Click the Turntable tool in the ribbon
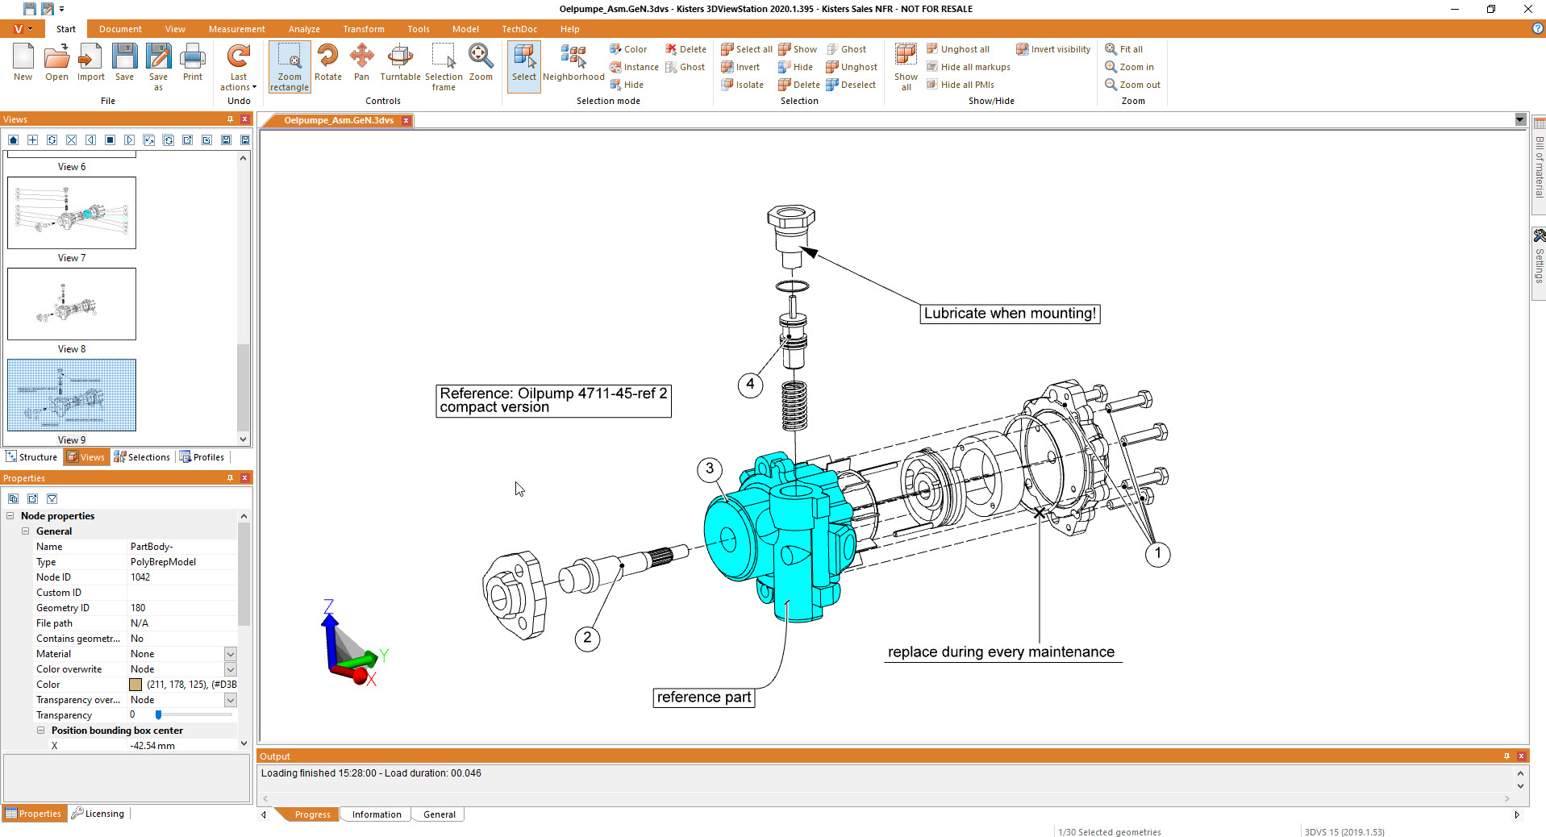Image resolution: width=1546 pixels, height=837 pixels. point(400,63)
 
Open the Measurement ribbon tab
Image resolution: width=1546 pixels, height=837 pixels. point(236,29)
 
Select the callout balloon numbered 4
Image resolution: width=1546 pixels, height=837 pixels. point(750,384)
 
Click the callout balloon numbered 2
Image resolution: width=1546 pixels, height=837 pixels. point(587,639)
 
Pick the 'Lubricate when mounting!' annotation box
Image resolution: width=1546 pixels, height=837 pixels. point(1010,314)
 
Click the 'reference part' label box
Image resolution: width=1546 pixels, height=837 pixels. point(704,697)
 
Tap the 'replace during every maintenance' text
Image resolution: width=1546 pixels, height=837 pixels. point(1001,652)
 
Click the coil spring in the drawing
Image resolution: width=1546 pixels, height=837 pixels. point(794,406)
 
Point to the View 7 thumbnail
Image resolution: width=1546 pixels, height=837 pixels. point(72,213)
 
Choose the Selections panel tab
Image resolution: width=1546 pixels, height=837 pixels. point(142,457)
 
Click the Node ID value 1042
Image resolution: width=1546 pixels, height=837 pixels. point(140,577)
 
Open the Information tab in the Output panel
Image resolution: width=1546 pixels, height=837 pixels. point(377,814)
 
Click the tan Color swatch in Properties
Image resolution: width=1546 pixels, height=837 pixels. point(135,685)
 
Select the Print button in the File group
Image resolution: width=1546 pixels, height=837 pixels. point(193,63)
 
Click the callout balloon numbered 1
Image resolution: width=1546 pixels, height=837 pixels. point(1158,554)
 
